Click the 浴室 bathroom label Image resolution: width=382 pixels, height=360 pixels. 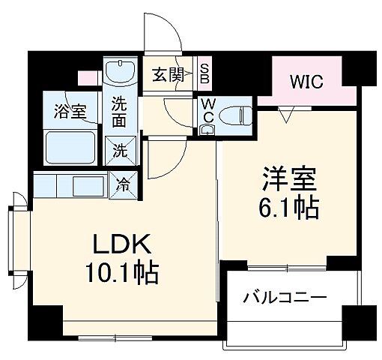tap(70, 111)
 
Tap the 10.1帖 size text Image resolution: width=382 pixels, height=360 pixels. tap(122, 274)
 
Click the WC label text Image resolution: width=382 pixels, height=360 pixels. tap(207, 111)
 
